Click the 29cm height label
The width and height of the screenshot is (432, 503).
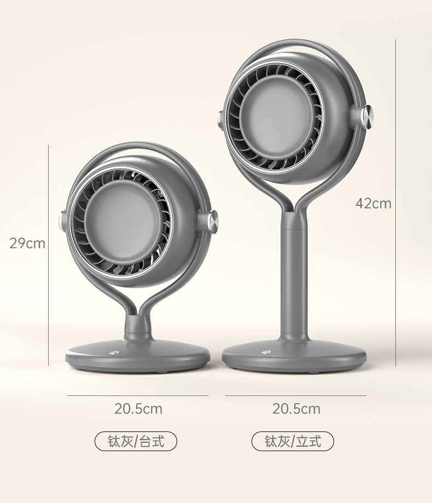point(27,243)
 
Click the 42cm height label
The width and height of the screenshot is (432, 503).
point(373,203)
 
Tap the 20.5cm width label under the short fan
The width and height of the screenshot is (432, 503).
point(138,409)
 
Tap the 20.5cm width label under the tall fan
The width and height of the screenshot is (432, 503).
point(296,409)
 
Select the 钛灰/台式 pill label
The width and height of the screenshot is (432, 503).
point(136,441)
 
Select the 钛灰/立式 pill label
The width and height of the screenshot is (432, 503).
point(293,441)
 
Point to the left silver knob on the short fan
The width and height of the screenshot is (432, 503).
point(62,221)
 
